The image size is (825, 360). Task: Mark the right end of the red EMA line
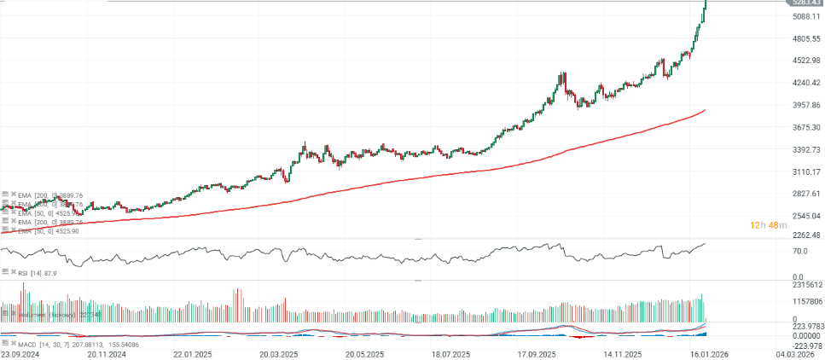click(705, 110)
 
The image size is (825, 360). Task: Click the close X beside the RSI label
click(14, 273)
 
